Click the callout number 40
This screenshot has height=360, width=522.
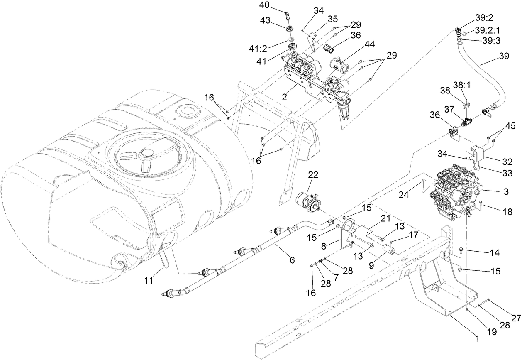point(276,5)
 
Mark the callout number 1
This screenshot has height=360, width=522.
point(477,338)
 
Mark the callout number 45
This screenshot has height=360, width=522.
point(510,126)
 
